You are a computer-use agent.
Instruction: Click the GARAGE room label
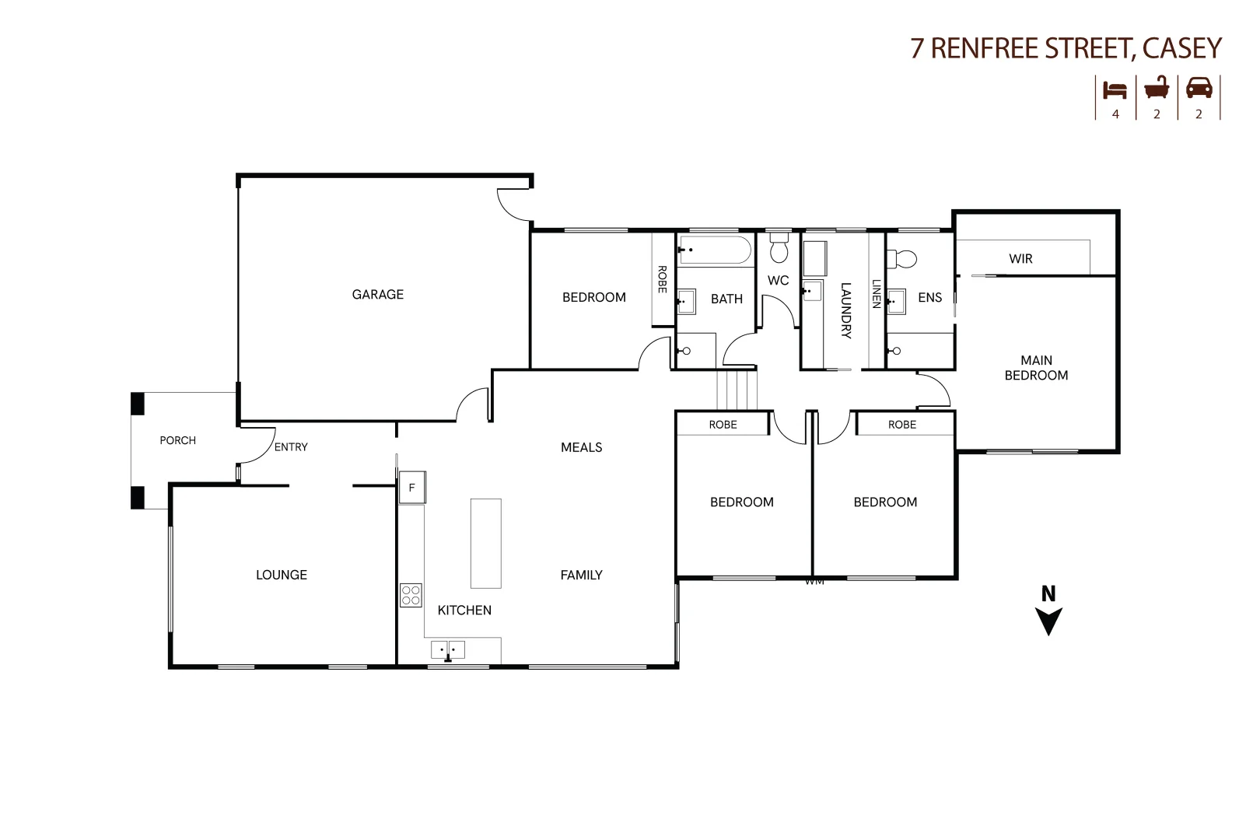pos(377,294)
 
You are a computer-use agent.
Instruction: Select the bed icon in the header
pos(1115,89)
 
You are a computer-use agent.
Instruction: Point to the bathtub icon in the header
pos(1157,87)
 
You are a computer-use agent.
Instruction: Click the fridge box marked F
pos(412,488)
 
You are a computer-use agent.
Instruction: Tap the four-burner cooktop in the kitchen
pos(411,595)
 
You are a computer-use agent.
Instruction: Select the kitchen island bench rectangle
pos(485,543)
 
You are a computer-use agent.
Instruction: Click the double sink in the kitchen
pos(448,649)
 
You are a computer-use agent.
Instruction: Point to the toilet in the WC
pos(779,249)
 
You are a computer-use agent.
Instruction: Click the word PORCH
pos(177,440)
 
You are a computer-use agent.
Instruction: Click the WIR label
pos(1020,259)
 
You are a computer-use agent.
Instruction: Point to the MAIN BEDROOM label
pos(1036,368)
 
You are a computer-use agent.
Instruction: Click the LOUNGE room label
pos(282,575)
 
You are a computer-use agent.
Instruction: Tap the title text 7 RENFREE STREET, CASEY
pos(1066,48)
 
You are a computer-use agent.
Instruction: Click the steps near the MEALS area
pos(736,390)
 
